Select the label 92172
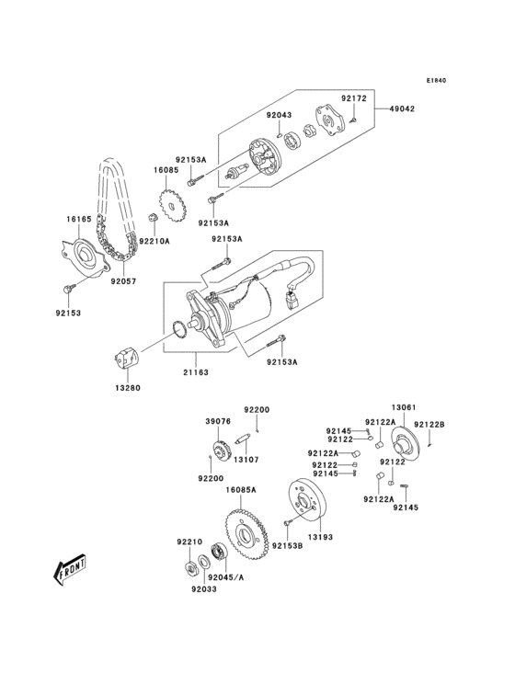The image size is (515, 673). pos(354,97)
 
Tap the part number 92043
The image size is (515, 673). pos(280,115)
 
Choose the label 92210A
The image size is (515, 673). pos(154,241)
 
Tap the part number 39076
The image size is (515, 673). pos(217,420)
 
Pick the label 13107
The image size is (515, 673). pos(245,460)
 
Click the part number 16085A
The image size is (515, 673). pos(243,491)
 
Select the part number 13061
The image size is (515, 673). pos(405,406)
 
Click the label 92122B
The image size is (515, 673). pos(429,424)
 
